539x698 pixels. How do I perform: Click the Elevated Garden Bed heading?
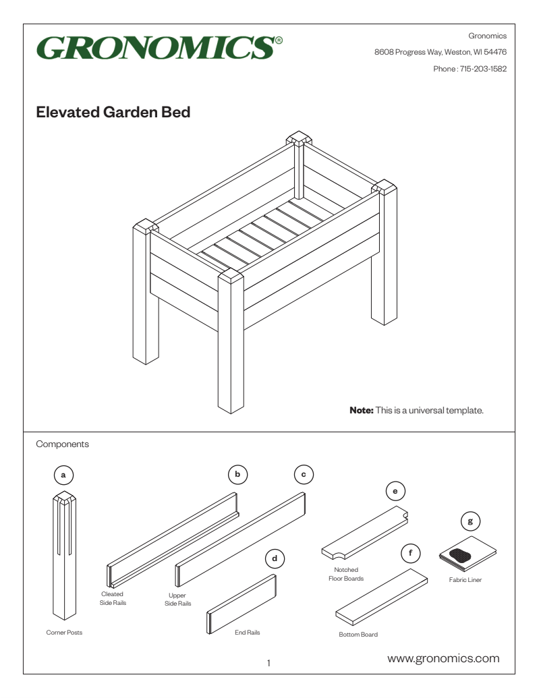pos(113,113)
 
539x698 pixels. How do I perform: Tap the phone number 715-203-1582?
pos(483,69)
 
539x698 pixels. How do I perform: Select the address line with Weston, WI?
pos(441,52)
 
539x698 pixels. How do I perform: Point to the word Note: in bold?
pos(361,410)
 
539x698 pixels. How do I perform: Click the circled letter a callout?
pos(63,475)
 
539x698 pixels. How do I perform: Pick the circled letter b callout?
pos(237,475)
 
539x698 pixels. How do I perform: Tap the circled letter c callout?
pos(304,475)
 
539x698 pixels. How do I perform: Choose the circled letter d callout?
pos(275,558)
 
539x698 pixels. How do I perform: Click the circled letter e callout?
pos(395,491)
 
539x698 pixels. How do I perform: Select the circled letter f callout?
pos(410,554)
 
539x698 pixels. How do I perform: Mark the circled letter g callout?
pos(470,521)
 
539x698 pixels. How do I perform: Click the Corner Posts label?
pos(64,633)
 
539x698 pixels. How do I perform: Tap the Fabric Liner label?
pos(465,579)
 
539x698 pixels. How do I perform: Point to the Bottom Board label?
pos(358,635)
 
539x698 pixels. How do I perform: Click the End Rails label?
pos(247,633)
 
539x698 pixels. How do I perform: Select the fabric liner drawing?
pos(467,554)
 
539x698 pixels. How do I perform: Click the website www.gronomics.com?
pos(443,658)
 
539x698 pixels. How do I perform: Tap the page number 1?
pos(268,664)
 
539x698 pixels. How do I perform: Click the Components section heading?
pos(62,444)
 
